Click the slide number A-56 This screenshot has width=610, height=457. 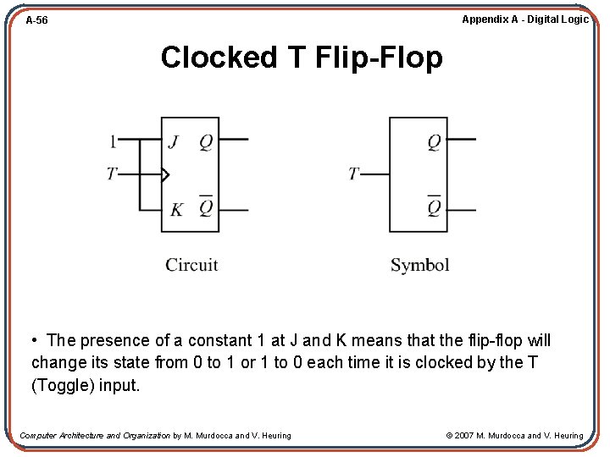tap(36, 20)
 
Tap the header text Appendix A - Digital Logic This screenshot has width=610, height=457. tap(524, 19)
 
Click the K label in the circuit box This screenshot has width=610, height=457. tap(175, 209)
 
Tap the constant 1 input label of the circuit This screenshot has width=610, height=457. tap(113, 140)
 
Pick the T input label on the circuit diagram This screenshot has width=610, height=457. tap(112, 174)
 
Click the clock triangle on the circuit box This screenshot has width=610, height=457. tap(165, 175)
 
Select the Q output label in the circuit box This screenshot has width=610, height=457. tap(205, 140)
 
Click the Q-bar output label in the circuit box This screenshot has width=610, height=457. tap(205, 207)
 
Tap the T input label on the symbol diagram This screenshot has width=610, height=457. tap(354, 174)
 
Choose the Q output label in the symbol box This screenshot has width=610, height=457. tap(433, 141)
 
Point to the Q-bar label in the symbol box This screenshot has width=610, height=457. tap(433, 207)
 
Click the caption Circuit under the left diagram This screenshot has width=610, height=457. tap(191, 265)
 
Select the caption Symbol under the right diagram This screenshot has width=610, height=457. tap(419, 265)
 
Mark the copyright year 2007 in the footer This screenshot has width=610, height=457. tap(463, 436)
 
